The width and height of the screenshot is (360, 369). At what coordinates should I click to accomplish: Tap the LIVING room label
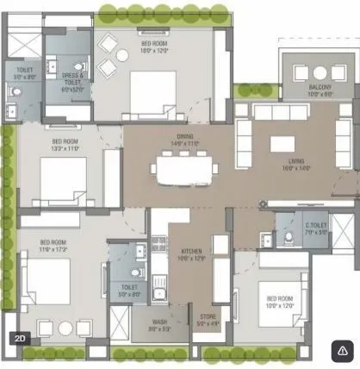(x=296, y=161)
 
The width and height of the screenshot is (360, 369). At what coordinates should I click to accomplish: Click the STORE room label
(x=208, y=317)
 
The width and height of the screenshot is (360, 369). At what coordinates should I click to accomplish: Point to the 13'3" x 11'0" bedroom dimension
(x=65, y=147)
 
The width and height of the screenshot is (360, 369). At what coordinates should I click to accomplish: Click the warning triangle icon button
(x=342, y=350)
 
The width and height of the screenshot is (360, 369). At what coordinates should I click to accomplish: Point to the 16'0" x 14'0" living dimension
(x=296, y=169)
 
